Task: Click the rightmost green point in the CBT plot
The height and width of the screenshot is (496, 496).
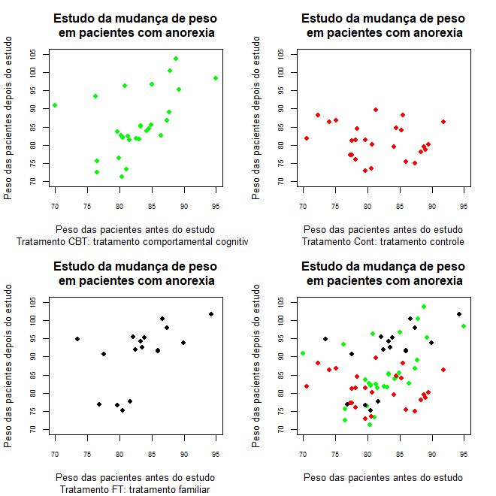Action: [216, 78]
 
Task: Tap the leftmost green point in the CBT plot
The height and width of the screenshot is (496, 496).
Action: [55, 105]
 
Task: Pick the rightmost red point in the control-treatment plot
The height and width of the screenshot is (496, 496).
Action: [443, 122]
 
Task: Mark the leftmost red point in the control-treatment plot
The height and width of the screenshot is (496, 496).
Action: [307, 138]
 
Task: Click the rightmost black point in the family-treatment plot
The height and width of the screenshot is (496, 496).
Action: [211, 314]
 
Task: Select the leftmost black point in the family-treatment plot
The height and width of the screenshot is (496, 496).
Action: [77, 339]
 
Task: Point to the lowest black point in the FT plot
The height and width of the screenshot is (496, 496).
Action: [122, 410]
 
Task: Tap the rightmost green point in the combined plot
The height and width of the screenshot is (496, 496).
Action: [464, 326]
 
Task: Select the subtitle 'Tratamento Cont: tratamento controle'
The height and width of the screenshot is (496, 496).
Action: [383, 241]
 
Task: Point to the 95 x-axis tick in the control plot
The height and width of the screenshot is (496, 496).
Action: [464, 207]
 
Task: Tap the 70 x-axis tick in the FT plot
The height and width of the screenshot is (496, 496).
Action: [55, 455]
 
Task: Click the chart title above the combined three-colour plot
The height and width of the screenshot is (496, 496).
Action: [383, 274]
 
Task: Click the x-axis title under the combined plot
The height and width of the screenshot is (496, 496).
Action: [383, 477]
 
